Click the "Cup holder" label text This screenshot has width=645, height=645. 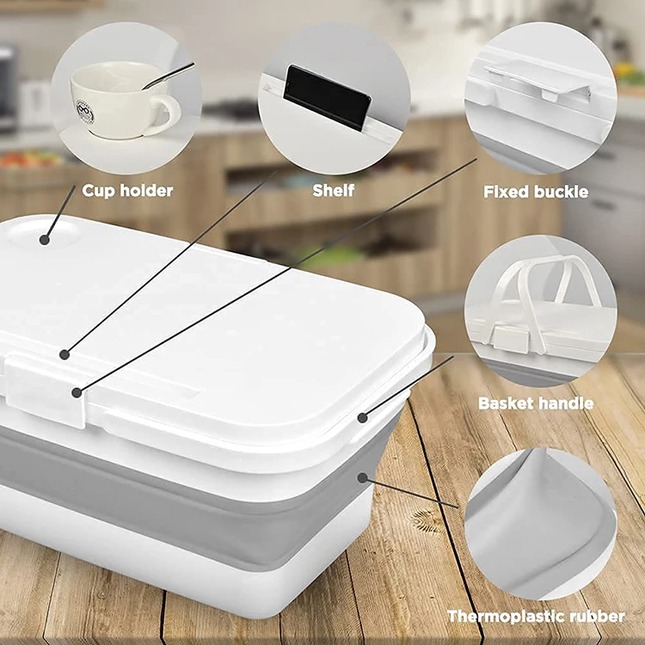click(x=127, y=190)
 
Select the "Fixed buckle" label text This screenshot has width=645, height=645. click(x=535, y=191)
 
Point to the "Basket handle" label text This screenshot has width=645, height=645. click(x=535, y=402)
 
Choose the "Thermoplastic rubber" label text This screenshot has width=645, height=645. click(x=536, y=616)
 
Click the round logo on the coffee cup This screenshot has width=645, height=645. click(x=85, y=112)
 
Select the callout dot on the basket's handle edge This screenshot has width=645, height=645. click(x=362, y=418)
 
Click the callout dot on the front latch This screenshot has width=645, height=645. click(x=77, y=392)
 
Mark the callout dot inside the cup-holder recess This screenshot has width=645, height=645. click(x=44, y=232)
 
